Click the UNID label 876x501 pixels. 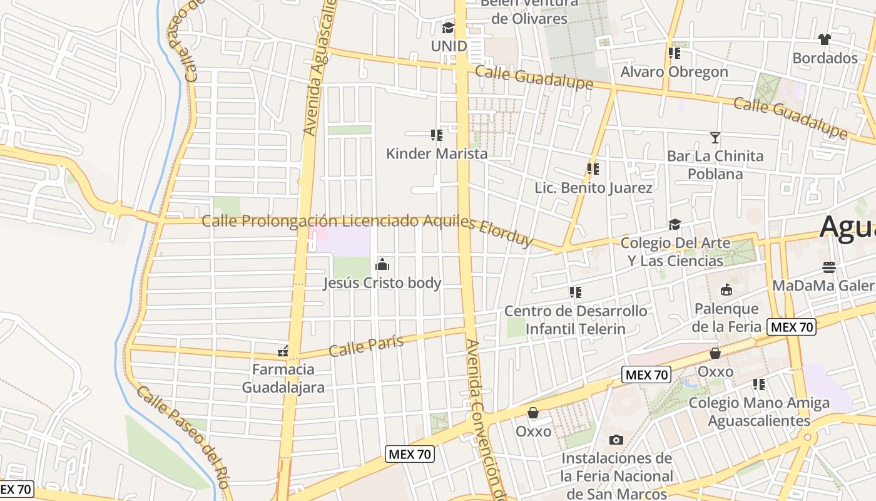449,46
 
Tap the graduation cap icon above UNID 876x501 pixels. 448,28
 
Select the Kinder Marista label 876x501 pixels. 436,153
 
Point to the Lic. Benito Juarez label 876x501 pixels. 593,188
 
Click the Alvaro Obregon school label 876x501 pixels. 674,72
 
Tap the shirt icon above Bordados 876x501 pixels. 824,39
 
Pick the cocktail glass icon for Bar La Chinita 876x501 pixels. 715,137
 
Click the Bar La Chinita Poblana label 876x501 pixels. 715,165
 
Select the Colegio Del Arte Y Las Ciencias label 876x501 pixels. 675,252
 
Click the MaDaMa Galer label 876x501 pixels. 823,286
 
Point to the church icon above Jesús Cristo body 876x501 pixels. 382,264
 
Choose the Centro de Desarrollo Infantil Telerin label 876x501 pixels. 576,320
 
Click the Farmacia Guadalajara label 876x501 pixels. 283,378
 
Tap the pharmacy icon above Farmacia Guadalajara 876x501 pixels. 283,352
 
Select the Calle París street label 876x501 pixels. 366,345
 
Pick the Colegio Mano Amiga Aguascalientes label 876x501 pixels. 759,411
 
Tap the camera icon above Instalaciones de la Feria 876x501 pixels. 616,440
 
